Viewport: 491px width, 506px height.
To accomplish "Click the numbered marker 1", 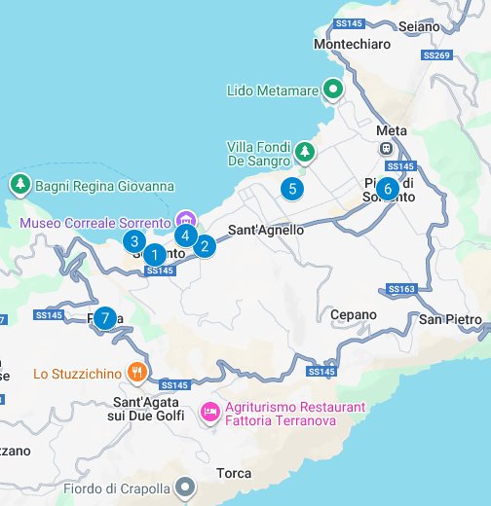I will point(153,256).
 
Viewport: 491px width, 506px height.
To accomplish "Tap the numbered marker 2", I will point(204,246).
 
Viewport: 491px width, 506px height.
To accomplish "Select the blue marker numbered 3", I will point(134,241).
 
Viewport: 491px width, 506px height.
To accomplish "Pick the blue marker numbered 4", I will point(185,234).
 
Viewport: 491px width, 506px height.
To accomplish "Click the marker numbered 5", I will point(290,189).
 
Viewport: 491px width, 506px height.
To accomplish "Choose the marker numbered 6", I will point(387,188).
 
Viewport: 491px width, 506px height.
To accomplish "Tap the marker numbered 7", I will point(105,318).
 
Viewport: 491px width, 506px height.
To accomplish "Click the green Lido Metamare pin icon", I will point(333,90).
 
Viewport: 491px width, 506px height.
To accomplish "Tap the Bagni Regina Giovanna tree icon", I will point(19,185).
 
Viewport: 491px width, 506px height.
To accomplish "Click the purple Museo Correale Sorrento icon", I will point(187,219).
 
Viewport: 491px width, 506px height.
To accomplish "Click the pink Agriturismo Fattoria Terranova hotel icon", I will point(208,413).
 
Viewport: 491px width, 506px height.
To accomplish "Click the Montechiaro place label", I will point(352,45).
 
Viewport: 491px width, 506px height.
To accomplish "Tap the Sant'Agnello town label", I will point(266,231).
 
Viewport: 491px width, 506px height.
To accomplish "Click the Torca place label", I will point(234,474).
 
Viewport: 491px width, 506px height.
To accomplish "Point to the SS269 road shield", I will point(437,56).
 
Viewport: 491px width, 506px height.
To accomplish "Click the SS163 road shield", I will point(401,289).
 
